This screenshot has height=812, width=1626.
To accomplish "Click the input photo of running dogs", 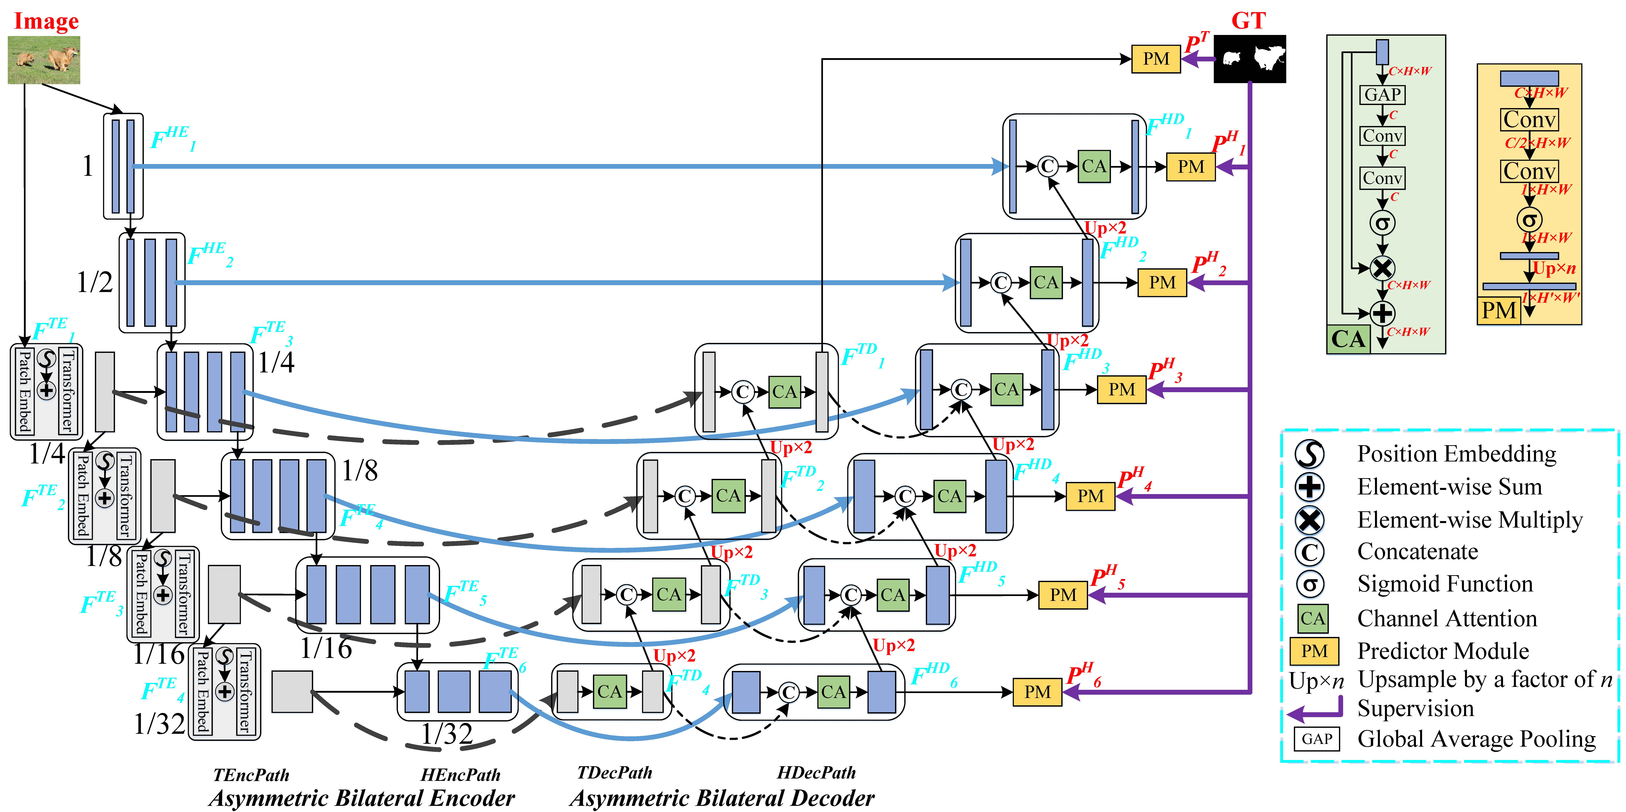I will (43, 60).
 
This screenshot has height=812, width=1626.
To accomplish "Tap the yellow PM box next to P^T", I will (1156, 59).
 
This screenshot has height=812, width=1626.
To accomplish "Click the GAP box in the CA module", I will (1382, 95).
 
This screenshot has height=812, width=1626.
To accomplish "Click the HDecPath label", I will (816, 773).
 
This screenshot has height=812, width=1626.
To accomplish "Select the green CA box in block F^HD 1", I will (1094, 167).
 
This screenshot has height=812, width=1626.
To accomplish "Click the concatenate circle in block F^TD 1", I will (743, 392).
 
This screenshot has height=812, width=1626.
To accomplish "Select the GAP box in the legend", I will (1317, 739).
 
